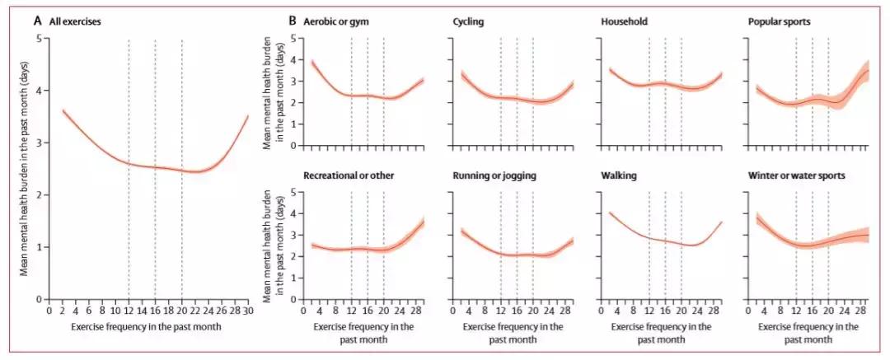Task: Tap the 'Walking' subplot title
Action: [621, 175]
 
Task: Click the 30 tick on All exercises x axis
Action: [247, 311]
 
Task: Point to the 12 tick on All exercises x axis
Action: [129, 311]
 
